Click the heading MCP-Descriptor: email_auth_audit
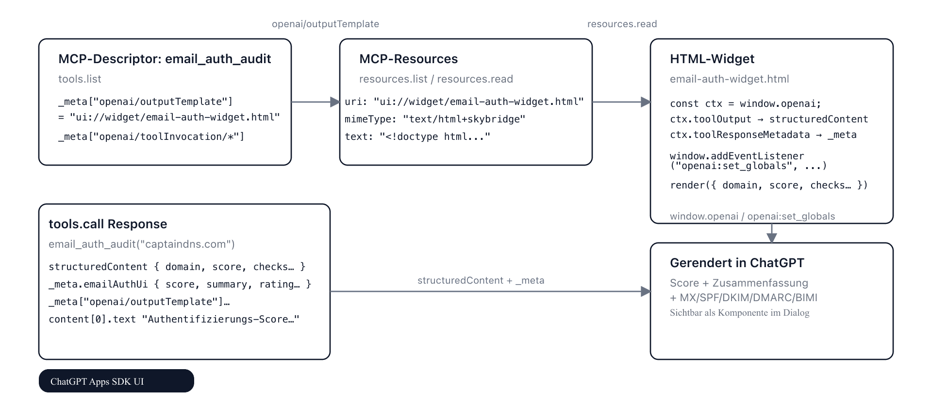coord(165,59)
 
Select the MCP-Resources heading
coord(408,59)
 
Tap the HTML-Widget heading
coord(712,59)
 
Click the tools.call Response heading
coord(108,224)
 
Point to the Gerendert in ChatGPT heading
coord(737,263)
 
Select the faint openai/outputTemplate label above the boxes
coord(325,24)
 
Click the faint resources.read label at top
coord(622,24)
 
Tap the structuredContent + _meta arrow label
coord(481,280)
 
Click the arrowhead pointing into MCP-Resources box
coord(335,102)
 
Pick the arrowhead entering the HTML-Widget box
coord(646,102)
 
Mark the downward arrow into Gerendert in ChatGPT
coord(771,238)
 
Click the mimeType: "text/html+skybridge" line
coord(435,119)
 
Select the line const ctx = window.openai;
coord(745,103)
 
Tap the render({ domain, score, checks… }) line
coord(768,185)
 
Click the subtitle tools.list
coord(80,79)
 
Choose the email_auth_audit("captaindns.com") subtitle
coord(141,244)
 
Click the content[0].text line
coord(174,319)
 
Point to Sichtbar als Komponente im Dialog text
coord(739,313)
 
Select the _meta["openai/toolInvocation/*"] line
coord(151,136)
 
